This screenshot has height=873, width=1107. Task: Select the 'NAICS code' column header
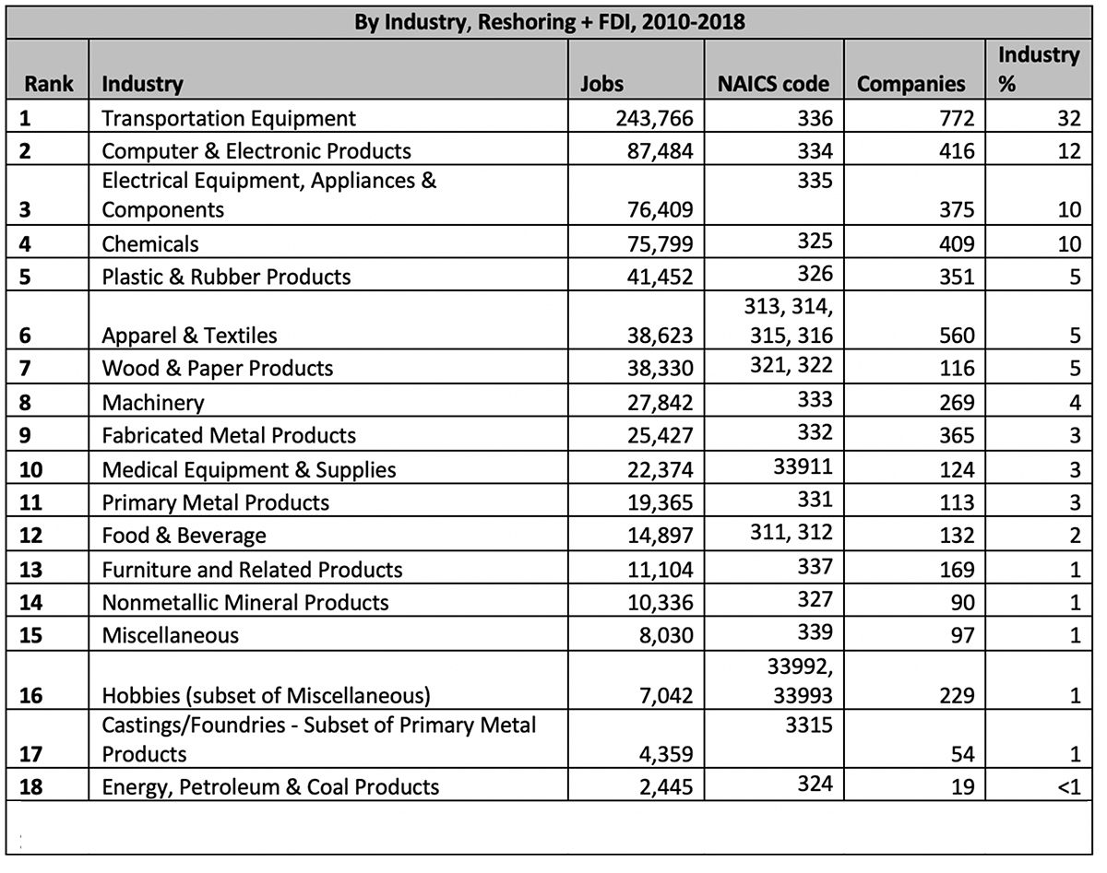click(x=773, y=84)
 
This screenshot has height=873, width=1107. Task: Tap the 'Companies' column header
click(x=911, y=84)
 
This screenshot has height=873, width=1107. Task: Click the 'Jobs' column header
click(x=601, y=84)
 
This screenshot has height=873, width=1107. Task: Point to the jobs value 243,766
click(x=654, y=119)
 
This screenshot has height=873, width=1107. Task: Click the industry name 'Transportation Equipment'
click(x=229, y=119)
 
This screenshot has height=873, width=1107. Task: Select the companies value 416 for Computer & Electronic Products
click(x=957, y=151)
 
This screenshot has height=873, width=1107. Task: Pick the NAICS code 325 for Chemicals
click(x=815, y=241)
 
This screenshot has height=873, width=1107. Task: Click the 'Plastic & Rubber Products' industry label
click(x=226, y=277)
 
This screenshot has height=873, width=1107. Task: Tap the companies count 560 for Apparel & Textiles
click(x=957, y=336)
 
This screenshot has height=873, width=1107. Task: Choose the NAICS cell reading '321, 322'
click(x=792, y=365)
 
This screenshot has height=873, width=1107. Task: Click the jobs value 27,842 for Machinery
click(x=660, y=403)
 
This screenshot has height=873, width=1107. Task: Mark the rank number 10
click(x=30, y=470)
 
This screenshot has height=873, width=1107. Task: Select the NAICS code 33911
click(x=803, y=466)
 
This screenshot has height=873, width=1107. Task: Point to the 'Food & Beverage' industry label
click(x=184, y=536)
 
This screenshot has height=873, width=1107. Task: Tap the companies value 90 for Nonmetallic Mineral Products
click(x=962, y=603)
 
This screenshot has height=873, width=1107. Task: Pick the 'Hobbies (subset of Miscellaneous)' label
click(x=266, y=696)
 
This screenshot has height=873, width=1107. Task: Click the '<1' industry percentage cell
click(x=1068, y=787)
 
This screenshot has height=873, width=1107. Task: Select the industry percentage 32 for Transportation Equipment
click(x=1069, y=119)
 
